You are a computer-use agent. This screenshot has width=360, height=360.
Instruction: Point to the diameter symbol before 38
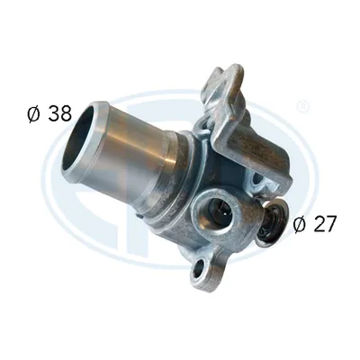(x=33, y=114)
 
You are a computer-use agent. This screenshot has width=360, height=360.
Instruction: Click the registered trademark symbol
(x=303, y=107)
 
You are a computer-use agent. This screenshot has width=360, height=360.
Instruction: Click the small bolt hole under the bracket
(x=257, y=179)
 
